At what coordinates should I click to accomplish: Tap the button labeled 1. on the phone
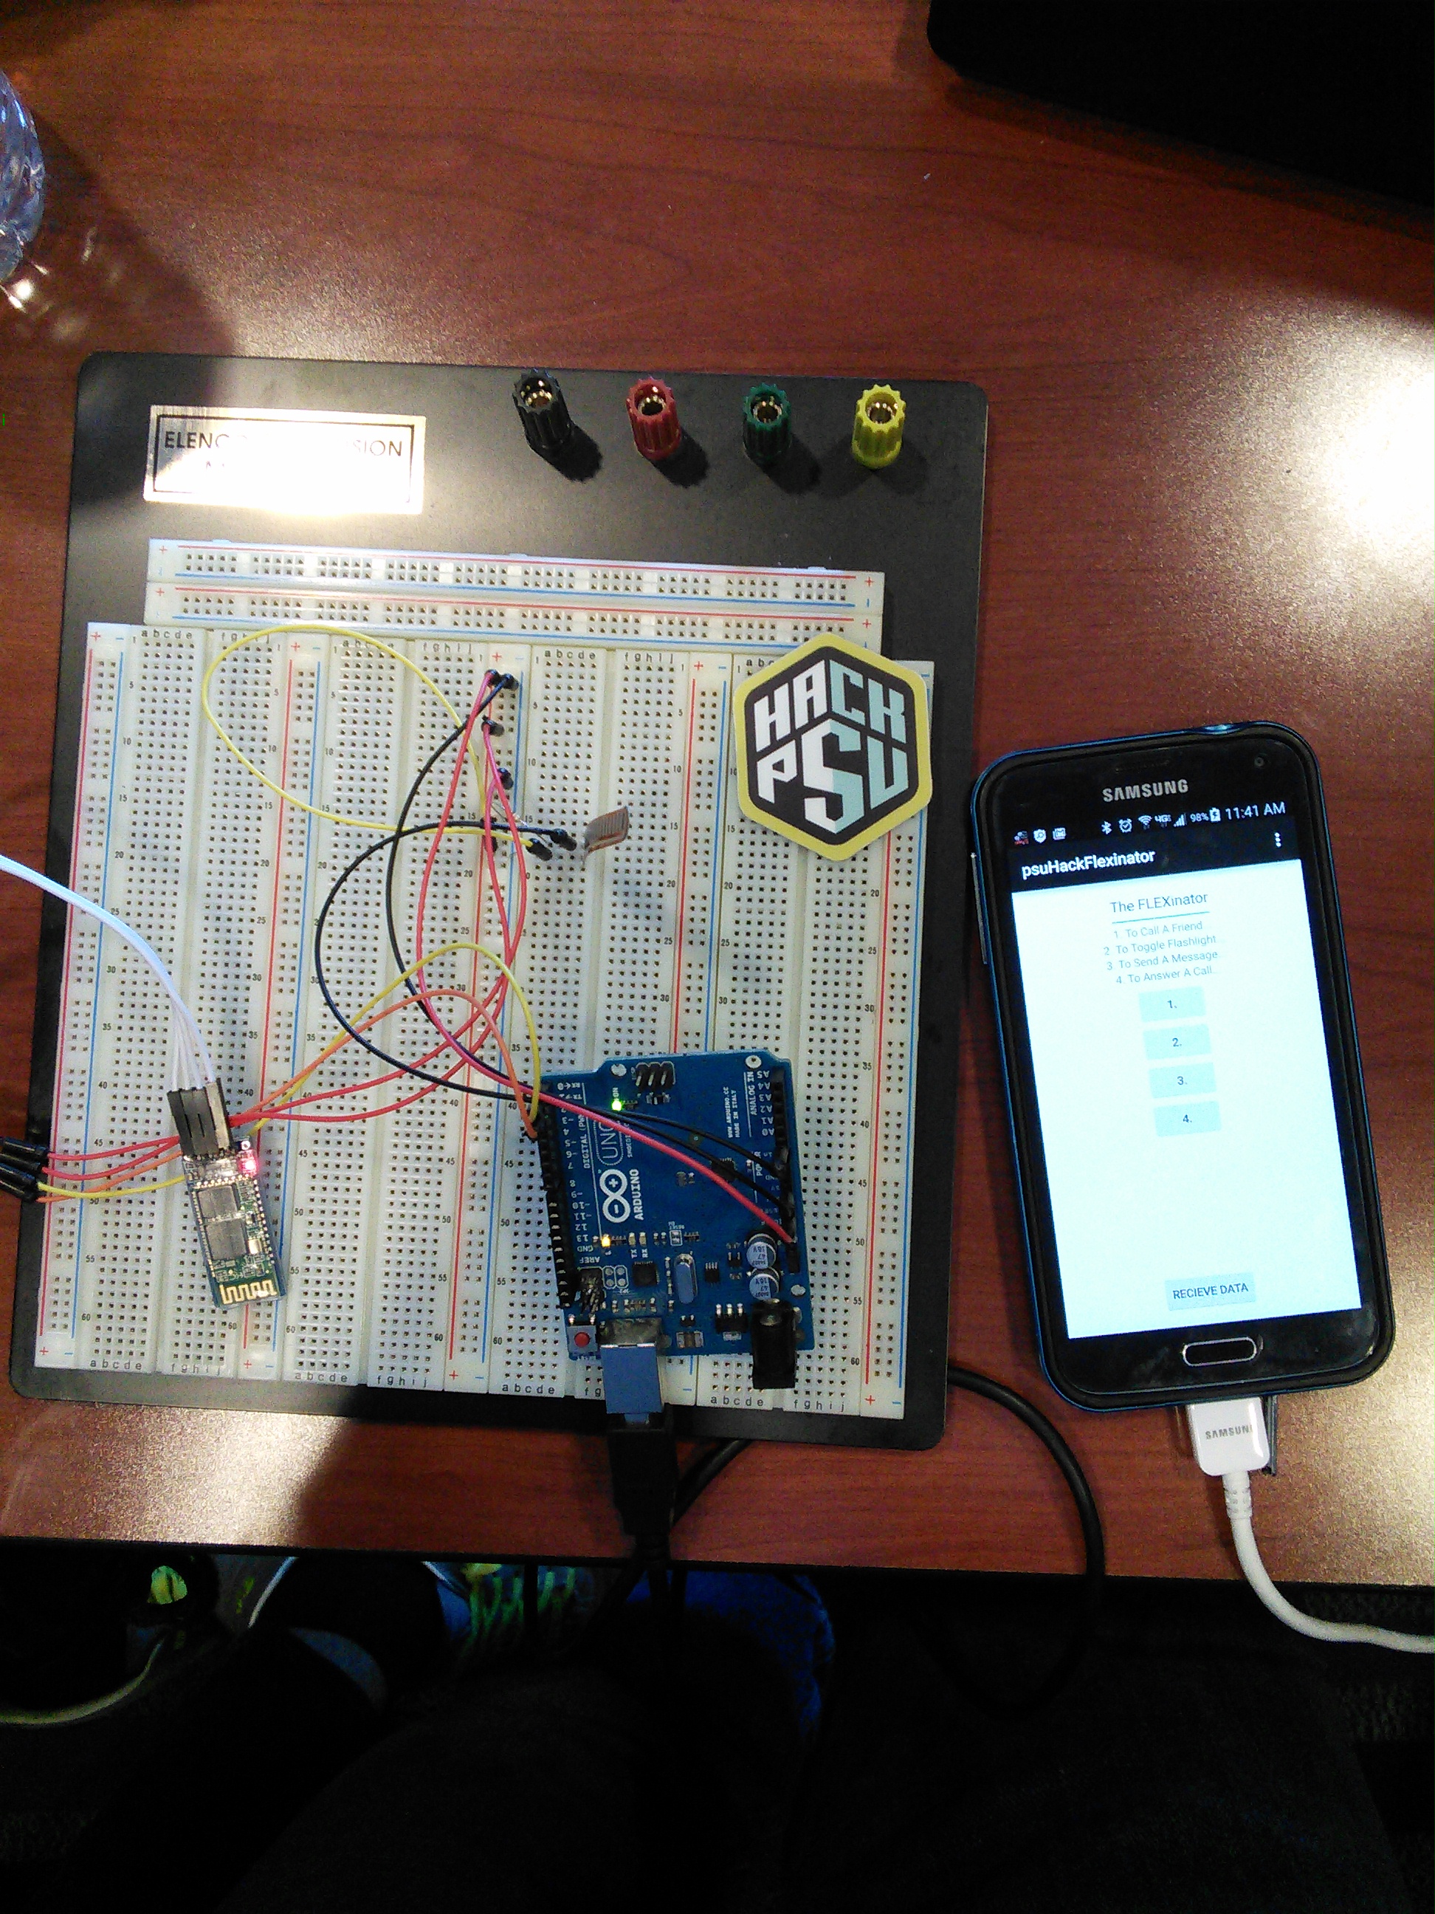(1172, 1004)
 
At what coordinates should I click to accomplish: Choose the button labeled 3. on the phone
(1182, 1081)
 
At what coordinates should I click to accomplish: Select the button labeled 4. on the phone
(1186, 1119)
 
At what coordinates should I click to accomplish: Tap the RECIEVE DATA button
(1209, 1291)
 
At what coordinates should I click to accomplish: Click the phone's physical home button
(1220, 1351)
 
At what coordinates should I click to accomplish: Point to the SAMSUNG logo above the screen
(1144, 789)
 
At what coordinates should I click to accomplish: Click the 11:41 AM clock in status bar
(1254, 812)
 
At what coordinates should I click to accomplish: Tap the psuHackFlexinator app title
(1088, 862)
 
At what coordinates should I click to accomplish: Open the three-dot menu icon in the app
(1278, 840)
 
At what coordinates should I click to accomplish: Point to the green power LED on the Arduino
(615, 1105)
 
